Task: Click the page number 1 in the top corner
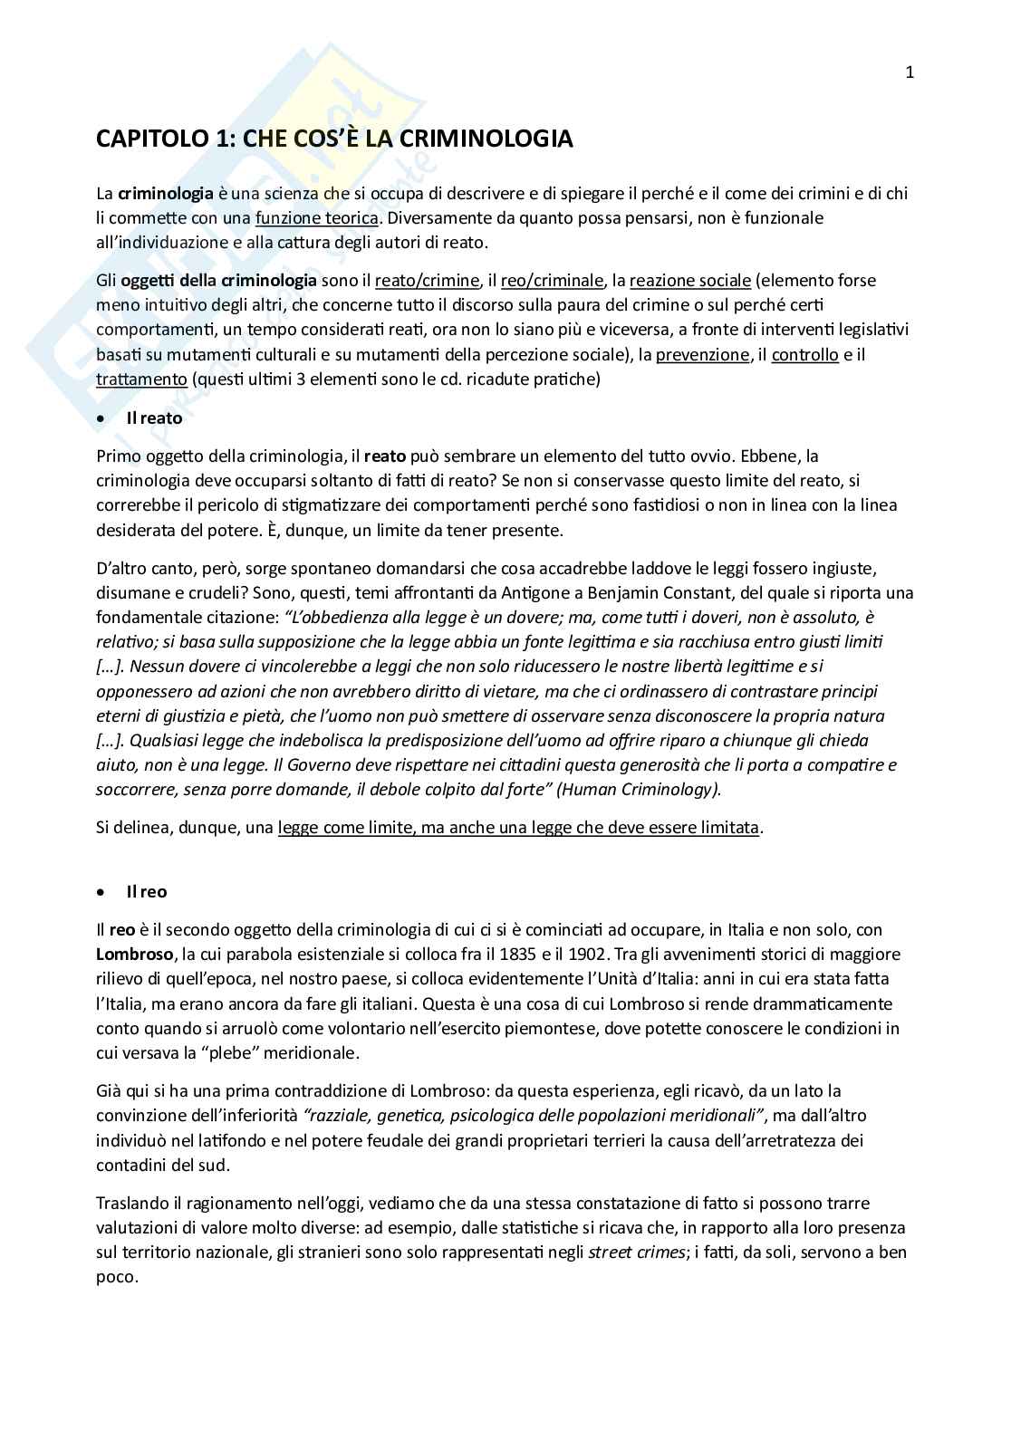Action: tap(910, 73)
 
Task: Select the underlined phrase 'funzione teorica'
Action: tap(317, 217)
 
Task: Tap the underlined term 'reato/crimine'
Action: tap(427, 281)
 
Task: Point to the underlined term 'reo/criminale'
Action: tap(552, 281)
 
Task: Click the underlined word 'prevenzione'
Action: tap(703, 355)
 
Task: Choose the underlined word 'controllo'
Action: tap(804, 355)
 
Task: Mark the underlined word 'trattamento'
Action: tap(141, 379)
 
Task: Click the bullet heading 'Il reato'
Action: tap(154, 418)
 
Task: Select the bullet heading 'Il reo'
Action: tap(146, 892)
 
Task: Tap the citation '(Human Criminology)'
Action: tap(639, 790)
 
